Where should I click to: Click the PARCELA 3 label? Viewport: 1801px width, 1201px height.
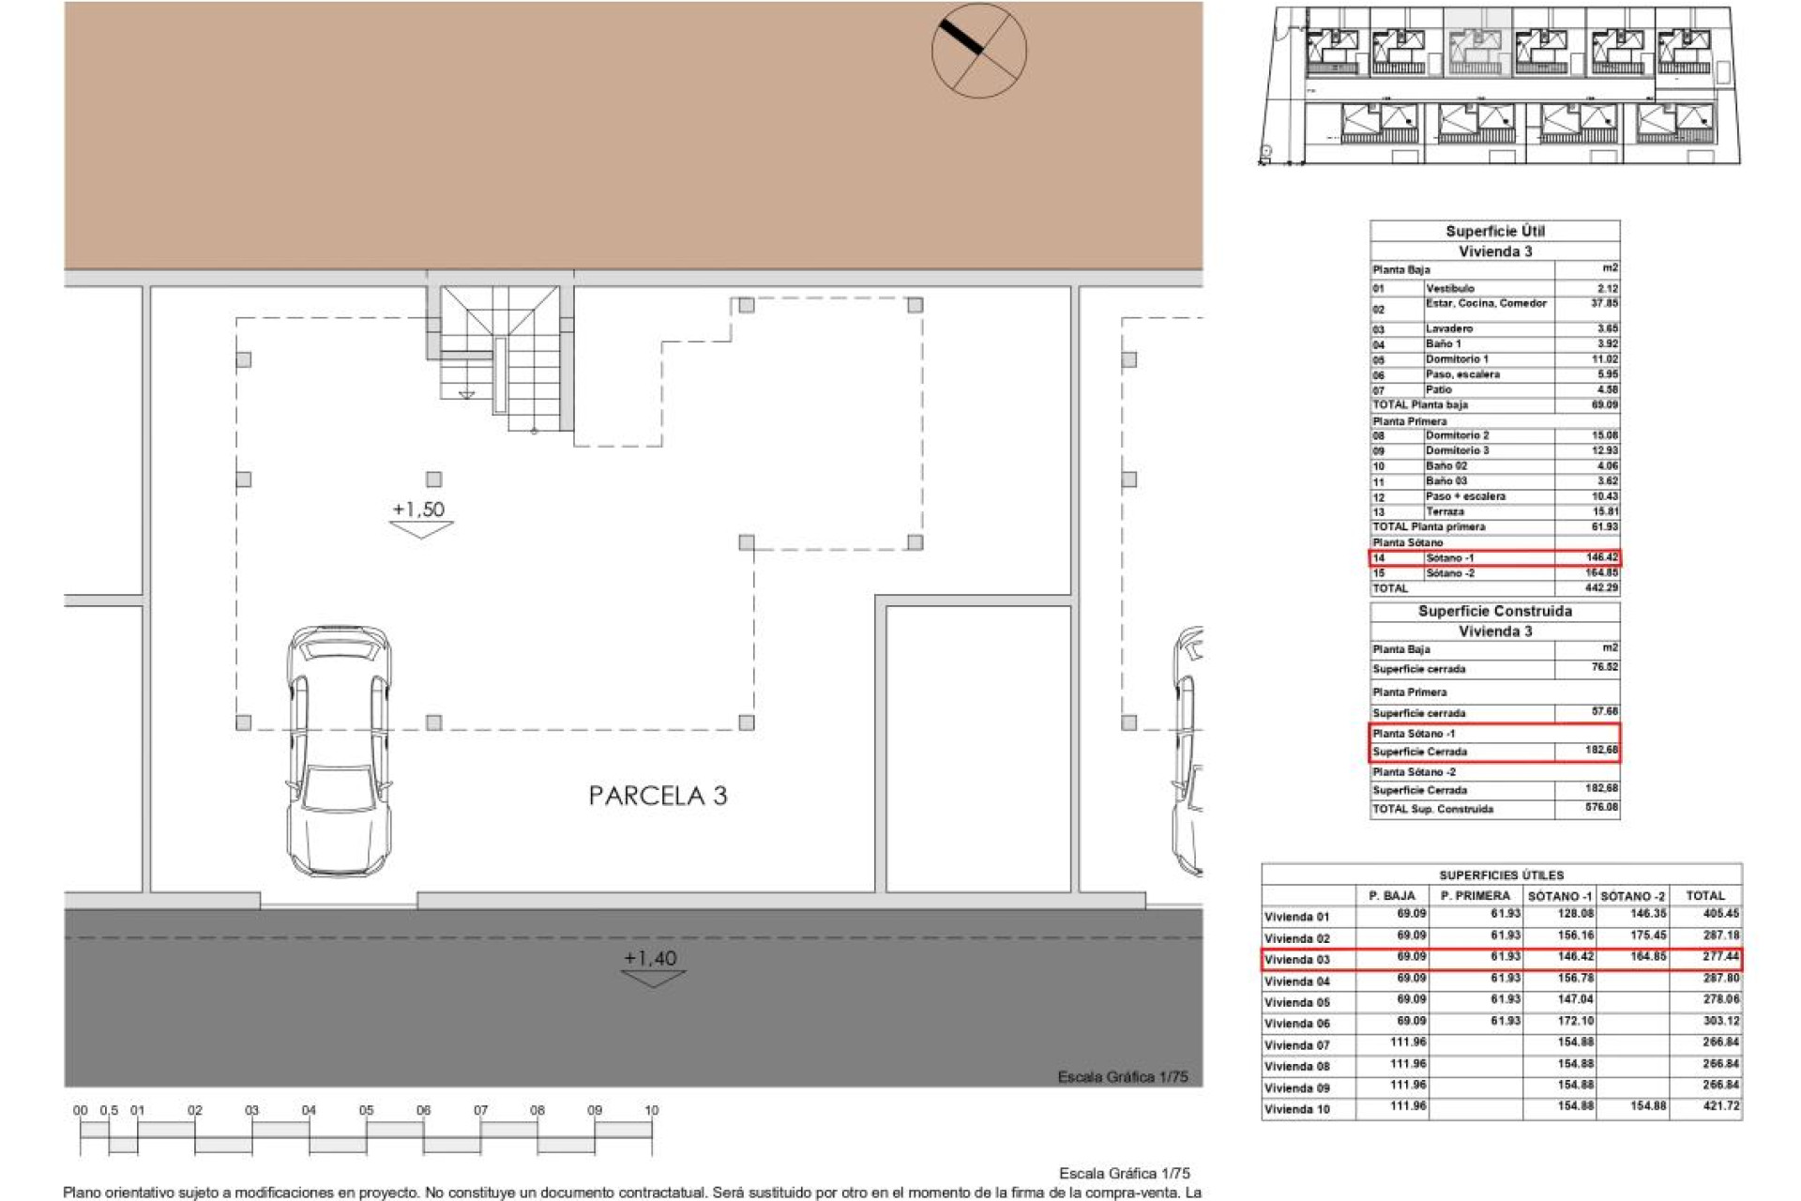pos(658,796)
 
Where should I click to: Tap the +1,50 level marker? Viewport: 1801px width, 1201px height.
pos(418,510)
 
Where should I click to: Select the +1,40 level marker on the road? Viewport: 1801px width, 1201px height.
pos(650,959)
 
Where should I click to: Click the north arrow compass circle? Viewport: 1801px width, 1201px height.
pos(978,52)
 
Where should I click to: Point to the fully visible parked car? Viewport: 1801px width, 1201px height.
pos(339,751)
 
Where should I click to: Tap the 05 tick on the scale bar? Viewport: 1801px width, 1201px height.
pos(366,1111)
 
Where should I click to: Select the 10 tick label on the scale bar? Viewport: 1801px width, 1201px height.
pos(651,1111)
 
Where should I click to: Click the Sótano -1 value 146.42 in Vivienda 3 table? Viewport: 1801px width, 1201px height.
pos(1601,557)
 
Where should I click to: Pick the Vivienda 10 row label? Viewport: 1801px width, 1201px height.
pos(1297,1109)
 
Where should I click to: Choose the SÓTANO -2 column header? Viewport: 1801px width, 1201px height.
pos(1632,896)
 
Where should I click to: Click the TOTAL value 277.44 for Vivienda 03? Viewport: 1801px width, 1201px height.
pos(1720,957)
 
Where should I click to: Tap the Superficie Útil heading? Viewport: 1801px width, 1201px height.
pos(1494,231)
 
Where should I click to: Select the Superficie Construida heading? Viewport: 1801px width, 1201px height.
pos(1494,611)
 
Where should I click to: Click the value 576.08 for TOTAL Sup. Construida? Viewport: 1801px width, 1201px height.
pos(1601,807)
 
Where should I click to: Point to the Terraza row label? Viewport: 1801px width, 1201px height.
pos(1445,512)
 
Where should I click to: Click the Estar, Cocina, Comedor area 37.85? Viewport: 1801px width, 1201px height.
pos(1604,304)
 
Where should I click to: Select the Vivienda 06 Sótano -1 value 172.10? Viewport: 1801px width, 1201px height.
pos(1575,1021)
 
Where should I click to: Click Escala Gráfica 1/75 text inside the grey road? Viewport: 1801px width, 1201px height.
pos(1122,1077)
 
